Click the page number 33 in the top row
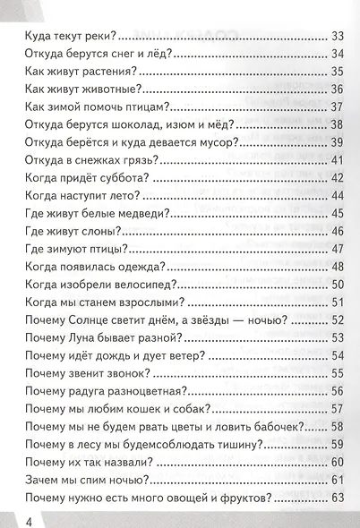[x=338, y=37]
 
